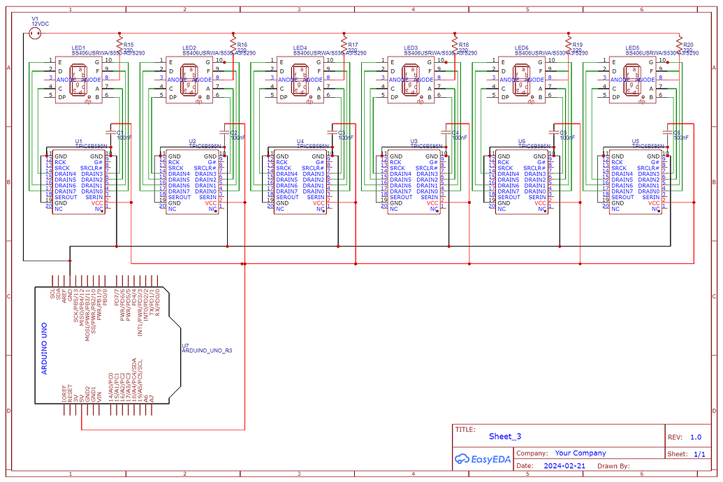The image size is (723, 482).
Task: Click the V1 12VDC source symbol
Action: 35,33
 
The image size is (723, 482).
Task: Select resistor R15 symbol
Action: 120,47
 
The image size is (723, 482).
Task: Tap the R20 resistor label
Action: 688,44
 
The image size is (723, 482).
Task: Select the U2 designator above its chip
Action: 192,141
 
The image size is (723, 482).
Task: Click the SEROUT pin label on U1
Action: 65,197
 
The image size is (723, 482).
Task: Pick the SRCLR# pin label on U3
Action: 427,168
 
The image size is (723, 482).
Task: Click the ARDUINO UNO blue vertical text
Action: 45,347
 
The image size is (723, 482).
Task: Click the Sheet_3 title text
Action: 504,437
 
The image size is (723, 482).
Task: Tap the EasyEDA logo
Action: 481,458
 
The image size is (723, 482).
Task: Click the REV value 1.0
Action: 695,437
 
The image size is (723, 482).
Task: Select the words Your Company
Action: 580,453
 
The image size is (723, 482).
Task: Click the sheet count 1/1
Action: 699,453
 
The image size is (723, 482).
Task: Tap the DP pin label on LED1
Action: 63,97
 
